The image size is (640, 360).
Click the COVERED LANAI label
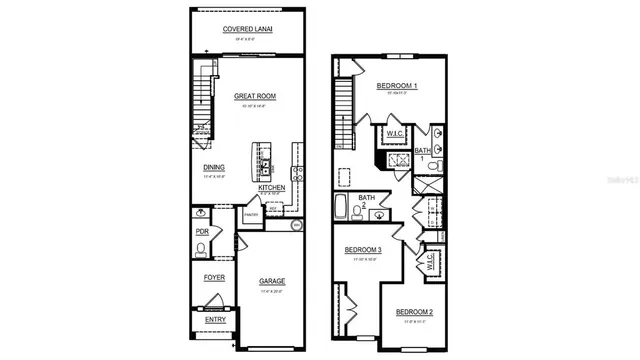coord(247,29)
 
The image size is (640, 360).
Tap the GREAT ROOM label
coord(254,97)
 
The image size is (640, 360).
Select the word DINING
coord(214,168)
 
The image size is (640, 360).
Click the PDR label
coord(203,232)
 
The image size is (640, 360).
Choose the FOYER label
coord(214,277)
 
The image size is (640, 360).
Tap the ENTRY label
coord(215,320)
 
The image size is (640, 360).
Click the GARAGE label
coord(272,281)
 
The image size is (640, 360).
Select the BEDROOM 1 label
coord(396,87)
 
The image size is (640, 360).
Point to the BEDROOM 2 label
coord(413,313)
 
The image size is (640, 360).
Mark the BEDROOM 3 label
coord(363,249)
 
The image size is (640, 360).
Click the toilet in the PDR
coord(202,247)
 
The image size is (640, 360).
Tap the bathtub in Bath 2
coord(342,211)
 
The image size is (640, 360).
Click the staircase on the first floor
coord(204,100)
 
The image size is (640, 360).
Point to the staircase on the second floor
coord(345,111)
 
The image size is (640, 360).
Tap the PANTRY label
coord(250,214)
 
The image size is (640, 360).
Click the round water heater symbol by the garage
coord(296,226)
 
